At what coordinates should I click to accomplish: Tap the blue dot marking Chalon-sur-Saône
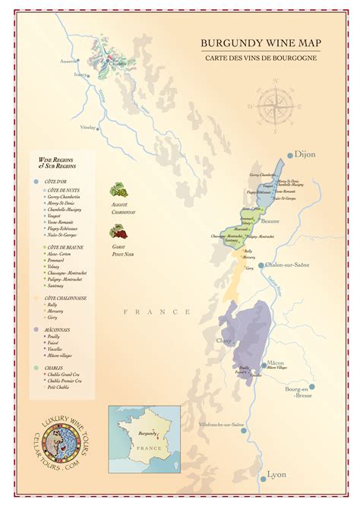[x=261, y=265]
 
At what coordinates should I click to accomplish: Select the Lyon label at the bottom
[x=276, y=476]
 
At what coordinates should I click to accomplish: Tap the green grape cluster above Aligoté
[x=118, y=191]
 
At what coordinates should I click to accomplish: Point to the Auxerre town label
[x=69, y=61]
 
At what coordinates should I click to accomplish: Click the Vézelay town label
[x=89, y=127]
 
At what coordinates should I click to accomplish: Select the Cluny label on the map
[x=225, y=341]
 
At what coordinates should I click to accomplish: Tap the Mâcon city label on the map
[x=276, y=363]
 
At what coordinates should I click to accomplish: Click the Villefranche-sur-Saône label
[x=221, y=425]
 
